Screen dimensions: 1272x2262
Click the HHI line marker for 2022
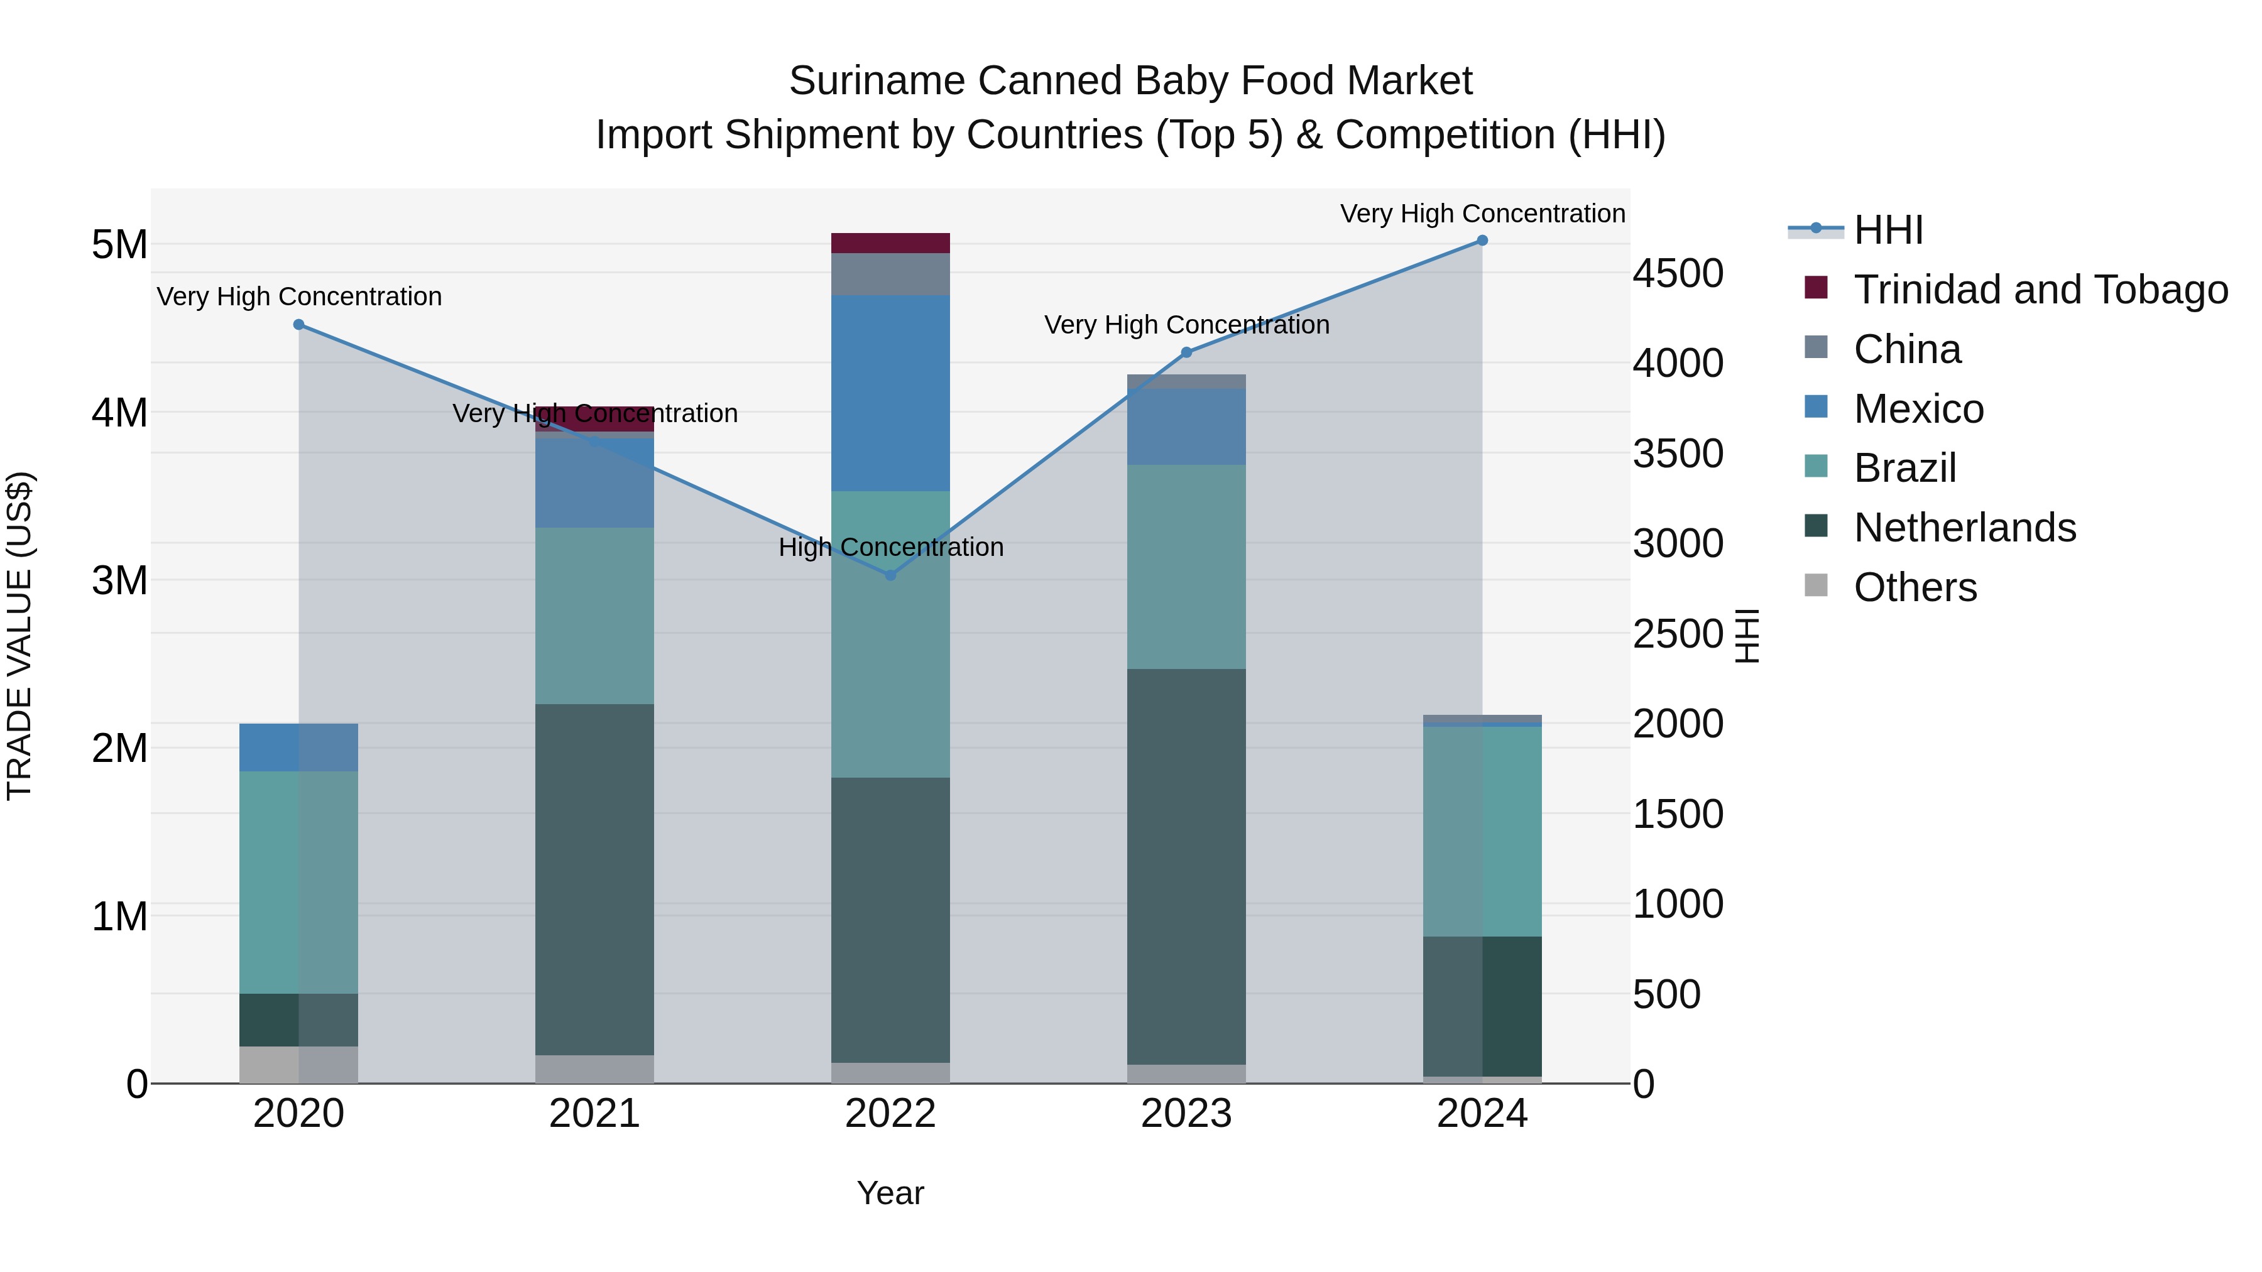890,575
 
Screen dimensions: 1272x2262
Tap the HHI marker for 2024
1482,241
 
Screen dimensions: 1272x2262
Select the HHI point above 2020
298,325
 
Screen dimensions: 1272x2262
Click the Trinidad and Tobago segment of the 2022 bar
890,243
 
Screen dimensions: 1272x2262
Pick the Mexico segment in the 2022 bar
890,393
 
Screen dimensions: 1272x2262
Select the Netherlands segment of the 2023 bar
1186,866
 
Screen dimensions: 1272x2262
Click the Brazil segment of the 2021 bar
594,616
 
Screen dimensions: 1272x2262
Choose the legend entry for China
1907,349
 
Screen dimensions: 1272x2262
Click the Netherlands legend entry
1964,528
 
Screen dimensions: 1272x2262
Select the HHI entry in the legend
1888,230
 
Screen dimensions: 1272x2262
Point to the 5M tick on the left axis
119,245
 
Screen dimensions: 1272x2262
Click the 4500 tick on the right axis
1677,274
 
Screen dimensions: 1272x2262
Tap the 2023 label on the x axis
1186,1114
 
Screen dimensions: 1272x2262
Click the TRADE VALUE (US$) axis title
20,636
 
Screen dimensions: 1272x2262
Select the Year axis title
890,1193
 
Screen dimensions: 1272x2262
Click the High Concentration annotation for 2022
890,547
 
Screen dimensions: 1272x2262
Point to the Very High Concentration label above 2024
1482,214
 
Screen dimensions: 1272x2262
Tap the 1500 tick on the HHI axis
1677,815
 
